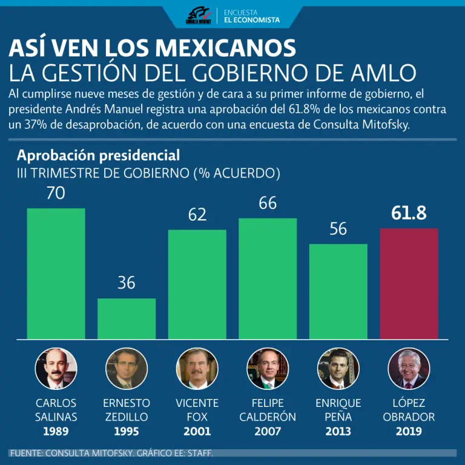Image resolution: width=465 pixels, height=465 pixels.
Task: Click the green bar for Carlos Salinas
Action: point(56,273)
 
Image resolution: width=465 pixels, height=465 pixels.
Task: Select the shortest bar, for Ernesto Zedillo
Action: point(127,318)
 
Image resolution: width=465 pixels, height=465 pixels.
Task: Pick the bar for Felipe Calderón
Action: point(268,279)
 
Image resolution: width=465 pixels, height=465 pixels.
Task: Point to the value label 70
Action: point(56,193)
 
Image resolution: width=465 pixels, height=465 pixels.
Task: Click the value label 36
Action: point(127,282)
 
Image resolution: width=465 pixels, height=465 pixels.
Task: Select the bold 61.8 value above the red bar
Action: point(409,213)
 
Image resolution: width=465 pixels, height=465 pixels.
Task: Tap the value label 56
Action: point(338,229)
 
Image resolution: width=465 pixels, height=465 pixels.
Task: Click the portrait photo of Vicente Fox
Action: point(197,369)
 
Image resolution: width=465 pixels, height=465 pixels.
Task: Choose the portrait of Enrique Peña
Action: point(338,369)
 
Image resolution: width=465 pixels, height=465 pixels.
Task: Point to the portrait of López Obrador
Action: point(409,369)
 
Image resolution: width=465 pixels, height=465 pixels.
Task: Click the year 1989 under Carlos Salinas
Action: point(56,432)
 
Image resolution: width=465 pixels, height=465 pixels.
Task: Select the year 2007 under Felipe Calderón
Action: point(268,432)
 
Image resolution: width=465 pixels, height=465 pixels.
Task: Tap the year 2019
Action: point(409,432)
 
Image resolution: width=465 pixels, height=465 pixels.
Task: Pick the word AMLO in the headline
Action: point(384,73)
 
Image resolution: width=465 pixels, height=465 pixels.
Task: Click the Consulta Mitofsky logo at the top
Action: point(198,16)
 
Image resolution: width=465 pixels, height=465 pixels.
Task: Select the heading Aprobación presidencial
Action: point(98,155)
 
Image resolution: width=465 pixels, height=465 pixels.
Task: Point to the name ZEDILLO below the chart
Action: point(127,417)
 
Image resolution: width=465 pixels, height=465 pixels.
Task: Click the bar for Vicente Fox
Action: point(197,284)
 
